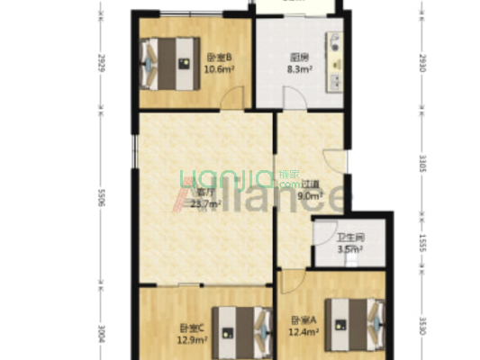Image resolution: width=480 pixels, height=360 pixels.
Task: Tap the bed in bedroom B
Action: click(x=168, y=62)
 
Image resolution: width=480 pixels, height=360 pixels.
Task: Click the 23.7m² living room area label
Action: click(x=205, y=203)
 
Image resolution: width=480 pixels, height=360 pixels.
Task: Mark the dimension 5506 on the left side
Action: click(x=102, y=197)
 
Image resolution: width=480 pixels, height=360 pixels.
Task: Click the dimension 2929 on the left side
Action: click(x=102, y=64)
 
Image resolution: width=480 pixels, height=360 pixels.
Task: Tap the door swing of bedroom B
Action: click(x=231, y=99)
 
